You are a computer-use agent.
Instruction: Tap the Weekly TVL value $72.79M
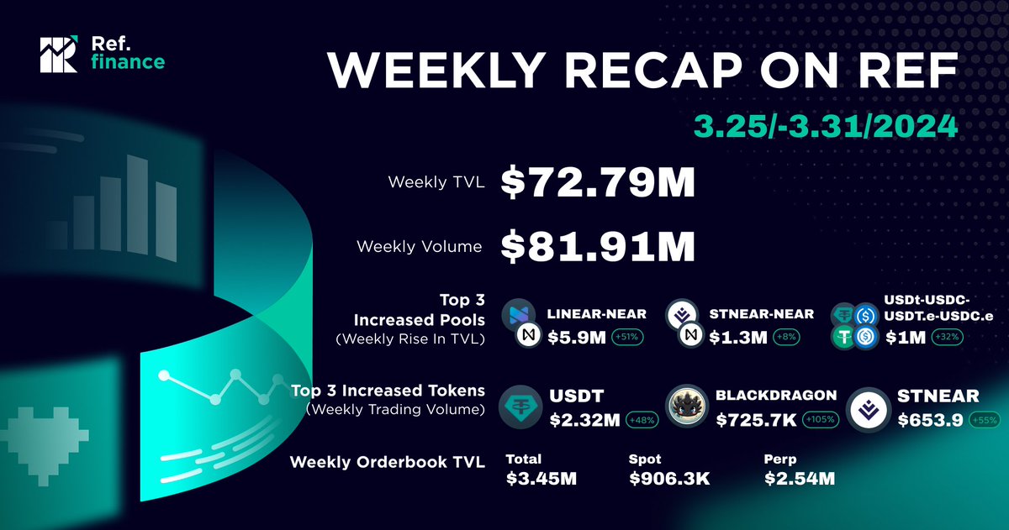coord(598,182)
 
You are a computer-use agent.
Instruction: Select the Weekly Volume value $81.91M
coord(598,246)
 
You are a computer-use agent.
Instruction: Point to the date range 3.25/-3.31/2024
coord(824,127)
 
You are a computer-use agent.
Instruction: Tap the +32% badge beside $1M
coord(945,338)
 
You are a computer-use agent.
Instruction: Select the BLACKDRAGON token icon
coord(687,407)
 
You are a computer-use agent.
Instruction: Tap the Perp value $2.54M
coord(800,480)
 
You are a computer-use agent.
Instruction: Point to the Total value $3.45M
coord(541,480)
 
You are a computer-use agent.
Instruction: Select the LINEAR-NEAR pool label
coord(596,314)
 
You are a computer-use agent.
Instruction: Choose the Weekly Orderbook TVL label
coord(387,463)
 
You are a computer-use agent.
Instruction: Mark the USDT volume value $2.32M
coord(584,419)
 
